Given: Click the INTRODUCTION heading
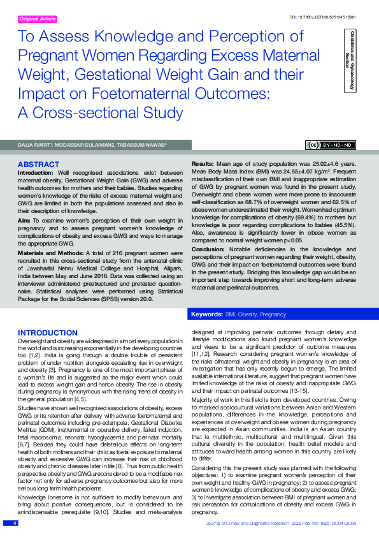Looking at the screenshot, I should [48, 333].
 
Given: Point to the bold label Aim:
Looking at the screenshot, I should [24, 219].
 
